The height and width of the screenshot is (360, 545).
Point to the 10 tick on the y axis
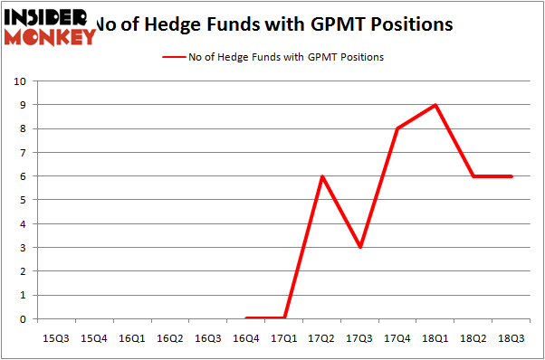pos(21,81)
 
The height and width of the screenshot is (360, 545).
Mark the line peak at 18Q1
pos(436,105)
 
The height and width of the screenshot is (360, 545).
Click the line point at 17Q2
pos(322,176)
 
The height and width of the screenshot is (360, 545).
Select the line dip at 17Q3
pos(360,248)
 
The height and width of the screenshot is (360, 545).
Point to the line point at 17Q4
pos(398,128)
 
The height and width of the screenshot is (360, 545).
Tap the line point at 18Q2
pos(474,176)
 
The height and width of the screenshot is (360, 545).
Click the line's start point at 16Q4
pos(246,318)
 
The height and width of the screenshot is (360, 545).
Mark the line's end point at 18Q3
pos(512,176)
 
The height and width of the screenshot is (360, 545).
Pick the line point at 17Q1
pos(284,318)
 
